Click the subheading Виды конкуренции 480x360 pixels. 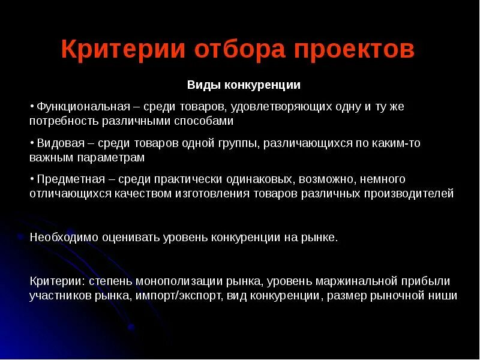coord(244,85)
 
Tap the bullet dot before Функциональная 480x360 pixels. coord(32,106)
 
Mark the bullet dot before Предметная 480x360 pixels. coord(32,179)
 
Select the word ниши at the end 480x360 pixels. coord(444,295)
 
